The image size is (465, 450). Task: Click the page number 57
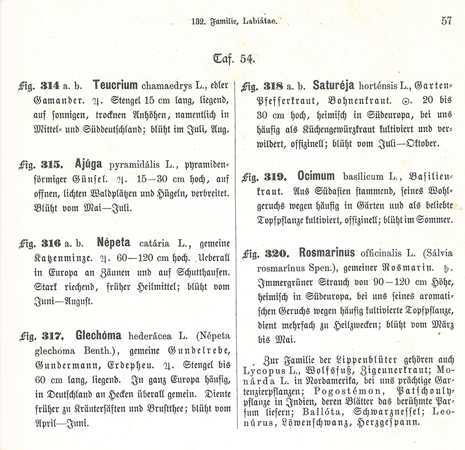[447, 21]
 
